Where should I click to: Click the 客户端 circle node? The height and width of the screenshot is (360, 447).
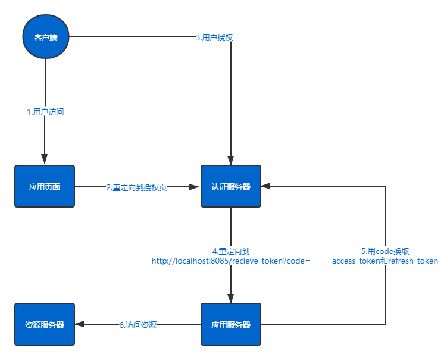coord(46,37)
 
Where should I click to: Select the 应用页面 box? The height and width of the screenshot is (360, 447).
coord(45,186)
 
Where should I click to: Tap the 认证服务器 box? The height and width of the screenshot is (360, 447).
coord(231,186)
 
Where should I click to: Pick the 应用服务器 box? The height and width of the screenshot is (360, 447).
coord(231,324)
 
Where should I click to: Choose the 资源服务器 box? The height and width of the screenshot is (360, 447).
coord(45,324)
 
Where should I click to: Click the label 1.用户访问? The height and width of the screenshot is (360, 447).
coord(45,111)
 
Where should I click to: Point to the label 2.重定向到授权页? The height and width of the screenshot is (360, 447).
coord(137,187)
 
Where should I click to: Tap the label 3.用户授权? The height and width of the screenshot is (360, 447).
coord(214,37)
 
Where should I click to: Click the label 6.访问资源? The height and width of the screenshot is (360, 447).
coord(137,325)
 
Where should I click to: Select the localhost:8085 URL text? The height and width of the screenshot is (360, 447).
coord(231,261)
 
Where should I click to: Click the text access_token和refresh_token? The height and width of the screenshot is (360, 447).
coord(385,261)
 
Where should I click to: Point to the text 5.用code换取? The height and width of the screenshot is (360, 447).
coord(385,251)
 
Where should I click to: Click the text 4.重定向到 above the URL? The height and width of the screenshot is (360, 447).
coord(231,251)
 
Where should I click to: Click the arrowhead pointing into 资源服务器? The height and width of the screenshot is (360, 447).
coord(79,324)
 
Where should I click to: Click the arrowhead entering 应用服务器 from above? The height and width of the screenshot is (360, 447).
coord(231,299)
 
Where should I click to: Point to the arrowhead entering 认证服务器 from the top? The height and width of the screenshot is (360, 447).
coord(231,161)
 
